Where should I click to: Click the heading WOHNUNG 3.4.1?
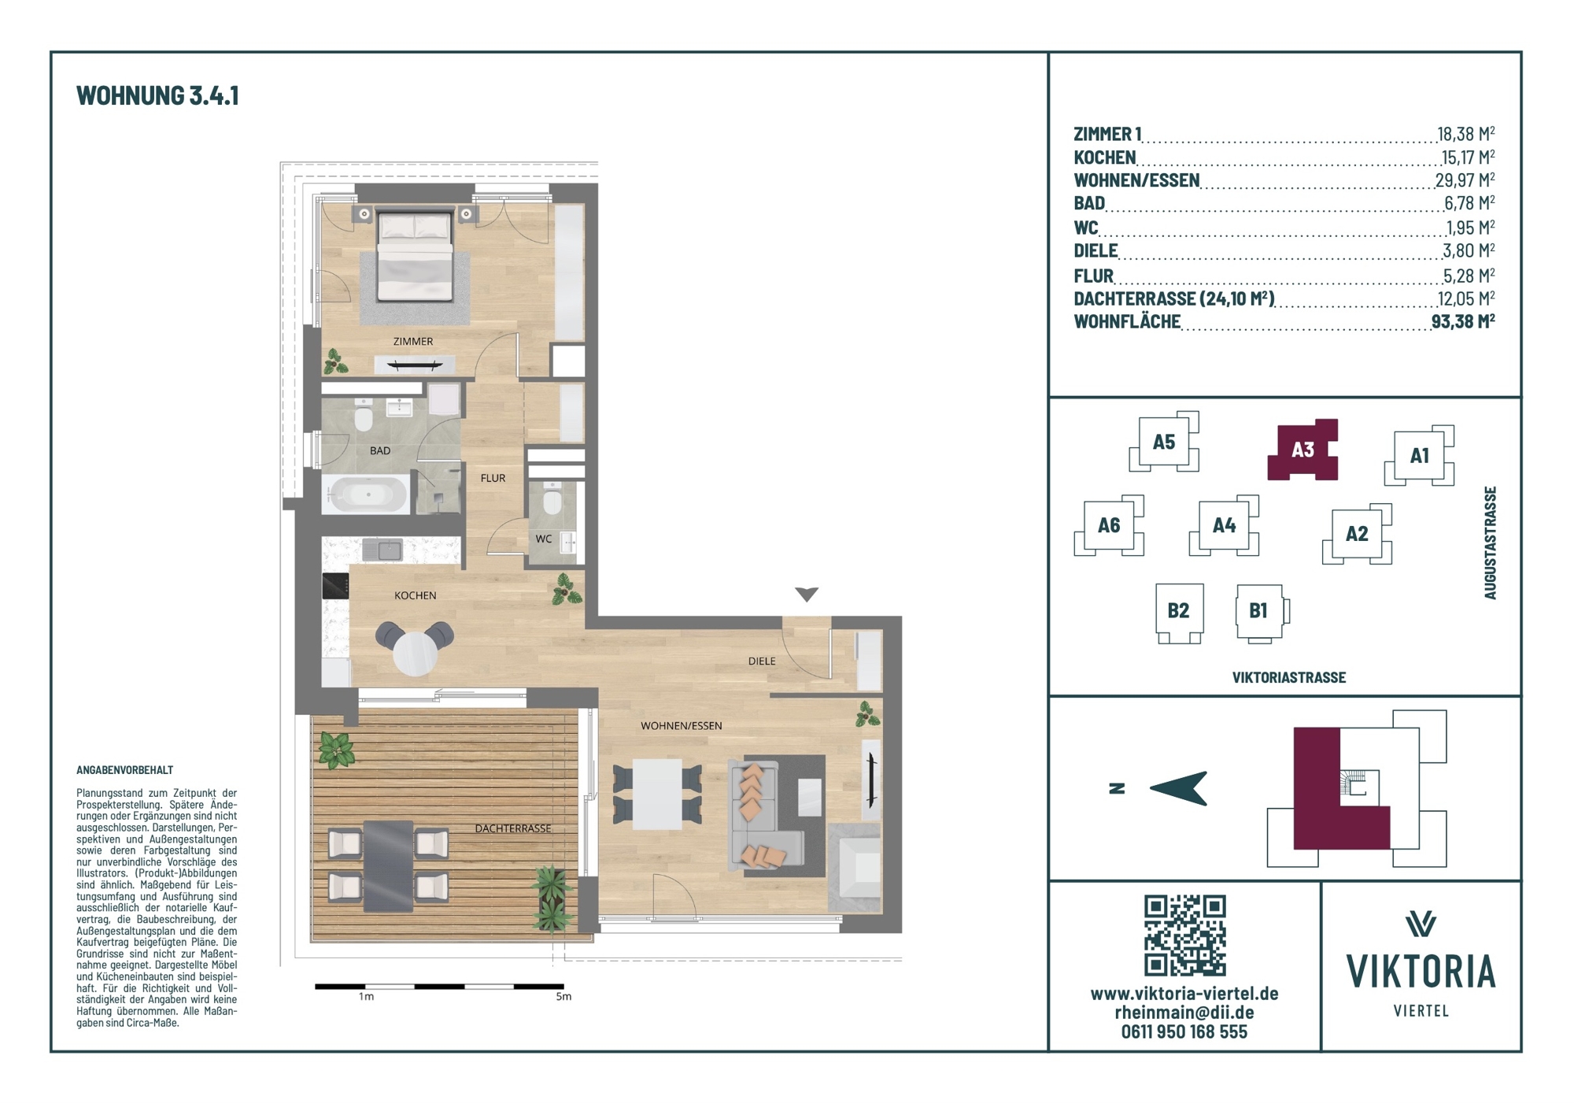tap(157, 95)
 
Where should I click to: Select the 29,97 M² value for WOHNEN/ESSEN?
tap(1465, 180)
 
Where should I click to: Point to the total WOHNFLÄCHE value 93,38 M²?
tap(1463, 320)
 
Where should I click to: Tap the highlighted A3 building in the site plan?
tap(1302, 450)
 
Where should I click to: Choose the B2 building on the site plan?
tap(1179, 612)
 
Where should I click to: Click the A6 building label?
tap(1109, 525)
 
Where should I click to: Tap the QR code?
tap(1184, 935)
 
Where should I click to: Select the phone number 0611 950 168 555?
tap(1184, 1032)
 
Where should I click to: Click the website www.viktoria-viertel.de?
tap(1184, 994)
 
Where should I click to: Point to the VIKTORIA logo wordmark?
tap(1421, 971)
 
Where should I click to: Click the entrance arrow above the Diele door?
tap(807, 595)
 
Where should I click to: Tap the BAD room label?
tap(380, 451)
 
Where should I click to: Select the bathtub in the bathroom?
tap(367, 495)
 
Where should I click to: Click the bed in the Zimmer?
tap(416, 256)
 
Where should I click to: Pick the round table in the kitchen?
tap(416, 653)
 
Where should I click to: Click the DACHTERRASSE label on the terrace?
tap(513, 828)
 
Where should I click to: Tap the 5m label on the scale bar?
tap(563, 997)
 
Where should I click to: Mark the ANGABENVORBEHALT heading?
tap(124, 770)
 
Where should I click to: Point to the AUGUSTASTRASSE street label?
tap(1490, 543)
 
